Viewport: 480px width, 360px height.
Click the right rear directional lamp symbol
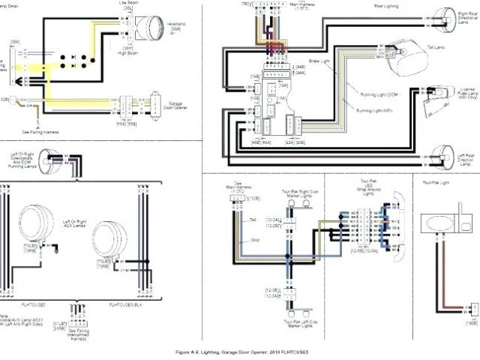point(448,17)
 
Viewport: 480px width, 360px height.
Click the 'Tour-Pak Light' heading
point(436,182)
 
